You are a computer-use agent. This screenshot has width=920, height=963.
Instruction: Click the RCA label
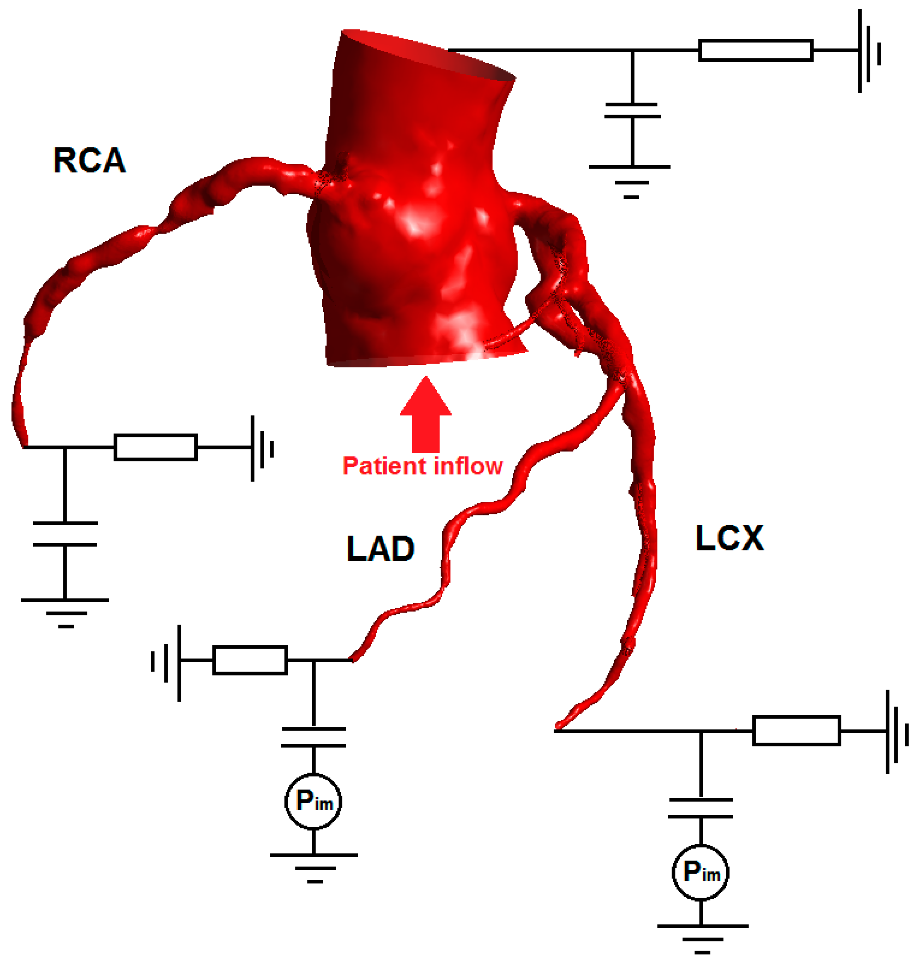89,160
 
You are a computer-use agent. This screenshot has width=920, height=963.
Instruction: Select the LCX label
729,538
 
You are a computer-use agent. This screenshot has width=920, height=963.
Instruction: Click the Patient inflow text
422,466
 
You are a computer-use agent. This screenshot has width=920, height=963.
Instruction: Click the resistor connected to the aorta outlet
755,50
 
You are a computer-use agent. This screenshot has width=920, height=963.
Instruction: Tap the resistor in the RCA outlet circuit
155,447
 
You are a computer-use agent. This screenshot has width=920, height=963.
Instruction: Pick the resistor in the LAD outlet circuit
250,660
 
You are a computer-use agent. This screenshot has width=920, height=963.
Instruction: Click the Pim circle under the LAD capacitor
313,801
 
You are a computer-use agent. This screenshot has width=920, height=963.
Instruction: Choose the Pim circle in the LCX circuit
700,872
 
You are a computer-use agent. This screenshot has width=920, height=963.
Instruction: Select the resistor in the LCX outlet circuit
797,731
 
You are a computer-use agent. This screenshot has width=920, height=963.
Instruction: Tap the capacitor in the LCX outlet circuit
700,808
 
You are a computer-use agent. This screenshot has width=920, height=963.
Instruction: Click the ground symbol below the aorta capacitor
631,181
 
